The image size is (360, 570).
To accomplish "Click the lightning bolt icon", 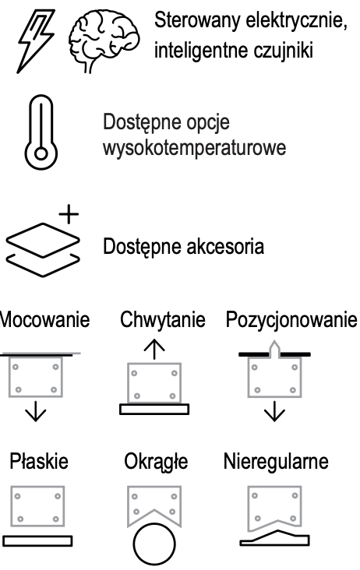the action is [x=36, y=41].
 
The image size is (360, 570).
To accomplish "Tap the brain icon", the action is [x=104, y=40].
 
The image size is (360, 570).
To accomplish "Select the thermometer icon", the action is [x=41, y=132].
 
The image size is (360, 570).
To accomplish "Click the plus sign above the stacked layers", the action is [x=69, y=213].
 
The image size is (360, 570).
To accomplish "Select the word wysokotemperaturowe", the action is [x=195, y=148].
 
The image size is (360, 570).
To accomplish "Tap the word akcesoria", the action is [x=225, y=247].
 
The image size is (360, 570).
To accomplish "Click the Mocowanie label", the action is [x=44, y=319].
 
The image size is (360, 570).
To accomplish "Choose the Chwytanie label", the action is [x=163, y=320].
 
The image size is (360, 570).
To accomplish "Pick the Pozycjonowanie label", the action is [x=291, y=320].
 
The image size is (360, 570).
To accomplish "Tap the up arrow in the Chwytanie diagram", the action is [x=154, y=349].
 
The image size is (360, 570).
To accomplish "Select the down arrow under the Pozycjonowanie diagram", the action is [x=274, y=411].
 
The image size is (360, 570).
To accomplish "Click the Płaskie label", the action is [x=39, y=461].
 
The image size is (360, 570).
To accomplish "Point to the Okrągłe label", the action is [x=156, y=462].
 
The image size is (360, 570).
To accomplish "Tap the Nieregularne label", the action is [x=276, y=462].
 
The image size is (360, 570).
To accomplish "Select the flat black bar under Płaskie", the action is [x=37, y=540].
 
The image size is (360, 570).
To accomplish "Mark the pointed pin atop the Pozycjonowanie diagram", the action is [x=274, y=349].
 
